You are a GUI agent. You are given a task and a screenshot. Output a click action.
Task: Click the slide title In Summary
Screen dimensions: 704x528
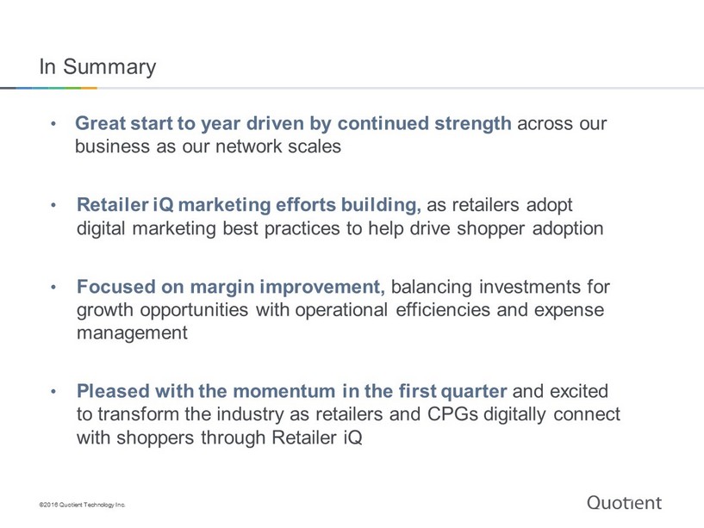[98, 67]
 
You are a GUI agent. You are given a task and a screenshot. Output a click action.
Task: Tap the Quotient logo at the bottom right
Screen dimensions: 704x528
[624, 503]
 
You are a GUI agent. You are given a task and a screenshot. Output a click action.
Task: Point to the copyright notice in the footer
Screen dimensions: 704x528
[82, 505]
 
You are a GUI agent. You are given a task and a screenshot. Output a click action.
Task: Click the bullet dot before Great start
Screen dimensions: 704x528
[53, 123]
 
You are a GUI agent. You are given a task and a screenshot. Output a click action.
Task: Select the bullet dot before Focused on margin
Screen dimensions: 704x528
[53, 287]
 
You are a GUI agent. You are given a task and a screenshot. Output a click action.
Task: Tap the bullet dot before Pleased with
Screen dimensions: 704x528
[53, 392]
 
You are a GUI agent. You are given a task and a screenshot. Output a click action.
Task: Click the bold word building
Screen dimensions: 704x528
[381, 206]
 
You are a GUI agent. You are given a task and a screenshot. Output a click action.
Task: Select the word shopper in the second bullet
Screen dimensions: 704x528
[491, 229]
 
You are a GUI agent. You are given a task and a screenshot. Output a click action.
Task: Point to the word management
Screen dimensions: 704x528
[132, 333]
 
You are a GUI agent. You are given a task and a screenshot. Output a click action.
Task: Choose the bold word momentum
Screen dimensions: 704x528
[284, 392]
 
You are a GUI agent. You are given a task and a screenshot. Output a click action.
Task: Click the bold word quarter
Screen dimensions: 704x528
[474, 392]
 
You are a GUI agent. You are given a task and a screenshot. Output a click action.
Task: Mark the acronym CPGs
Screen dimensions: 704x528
[452, 414]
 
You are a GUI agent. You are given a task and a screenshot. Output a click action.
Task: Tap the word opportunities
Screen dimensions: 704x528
[194, 311]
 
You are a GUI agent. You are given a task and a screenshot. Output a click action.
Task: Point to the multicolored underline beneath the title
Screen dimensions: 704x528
[48, 88]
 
